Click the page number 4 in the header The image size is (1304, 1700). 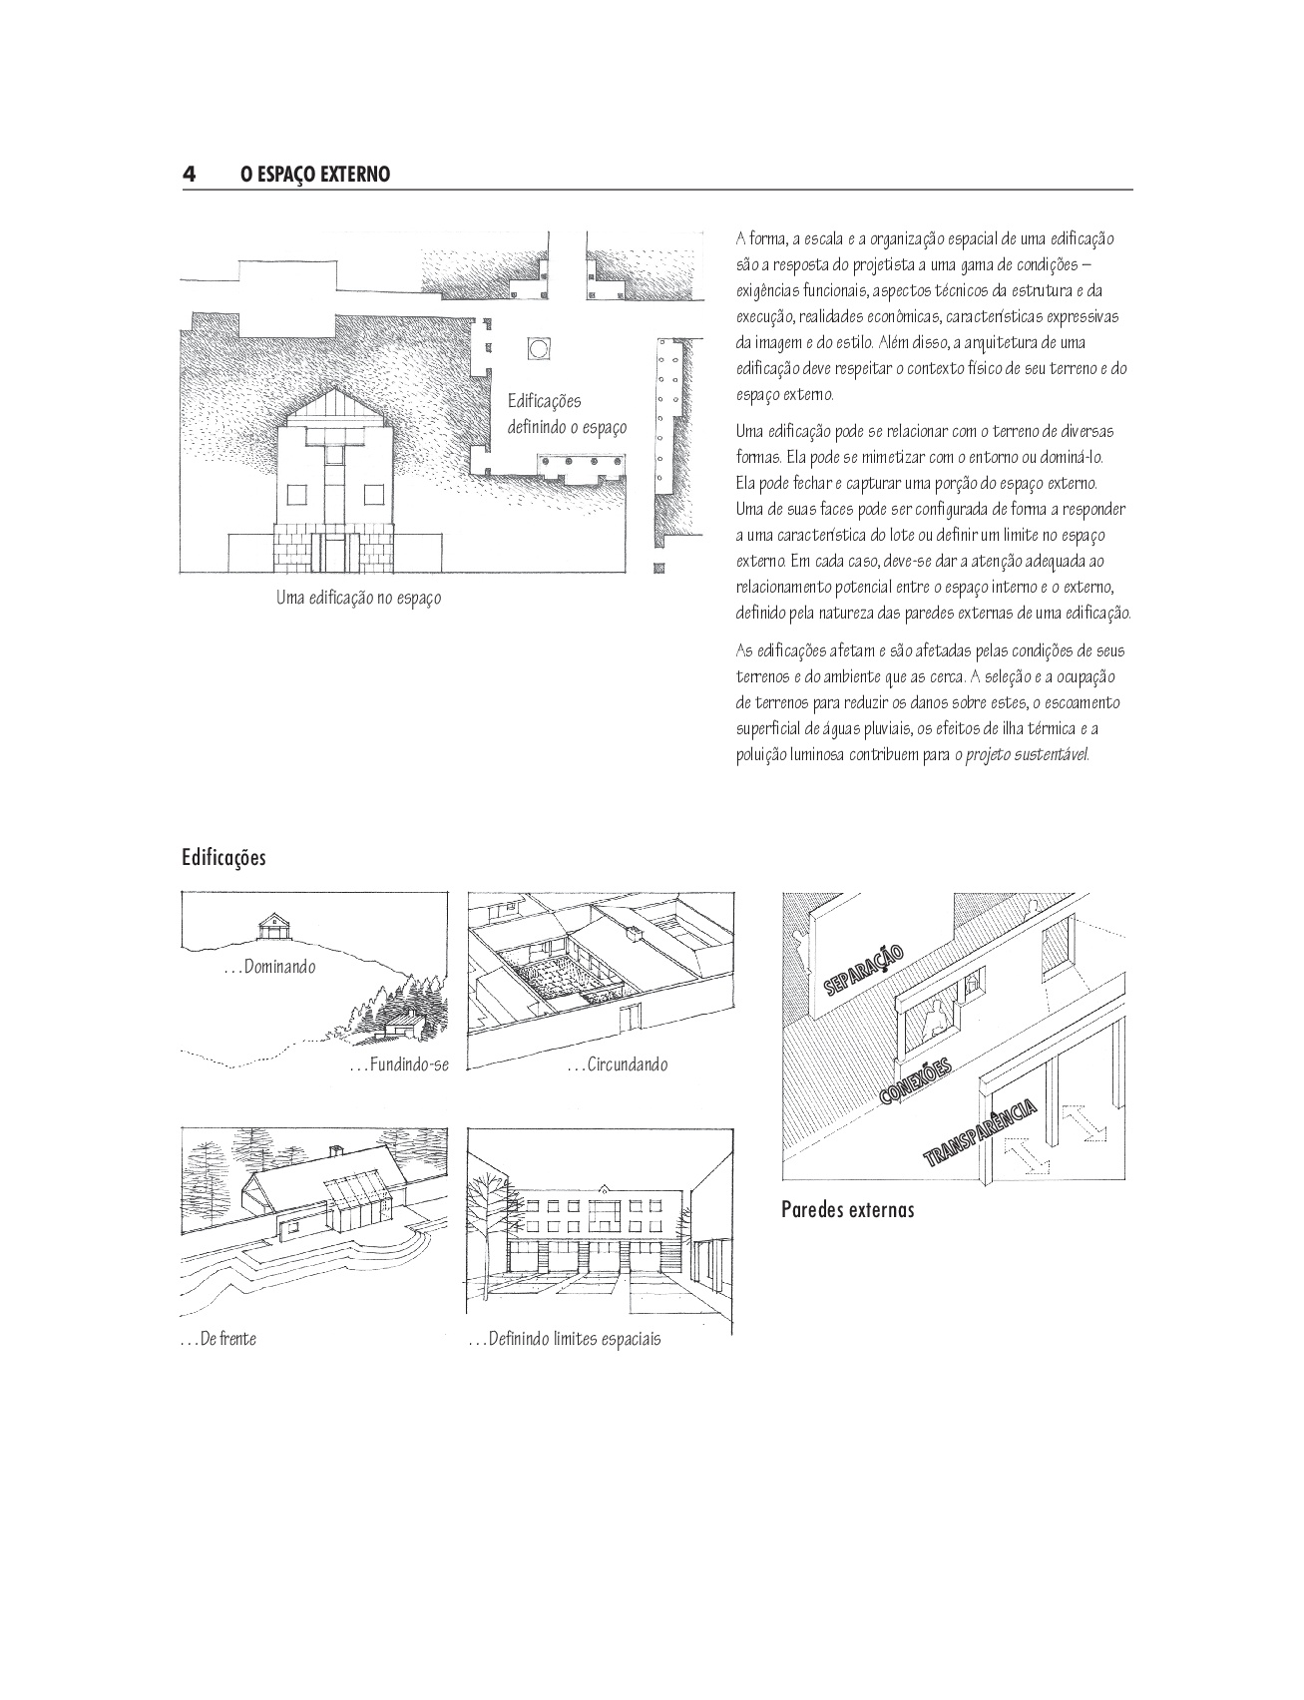189,175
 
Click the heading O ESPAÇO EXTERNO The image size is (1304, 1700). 315,175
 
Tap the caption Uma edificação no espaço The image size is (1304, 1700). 358,599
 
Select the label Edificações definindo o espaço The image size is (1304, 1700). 567,414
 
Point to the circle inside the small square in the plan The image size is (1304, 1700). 538,348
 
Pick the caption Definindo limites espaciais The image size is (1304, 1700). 565,1339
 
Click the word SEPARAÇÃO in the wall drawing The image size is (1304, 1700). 865,970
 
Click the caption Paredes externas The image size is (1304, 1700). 848,1210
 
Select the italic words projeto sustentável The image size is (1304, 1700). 1028,755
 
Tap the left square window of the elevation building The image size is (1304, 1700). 296,494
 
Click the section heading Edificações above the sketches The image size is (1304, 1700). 223,858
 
